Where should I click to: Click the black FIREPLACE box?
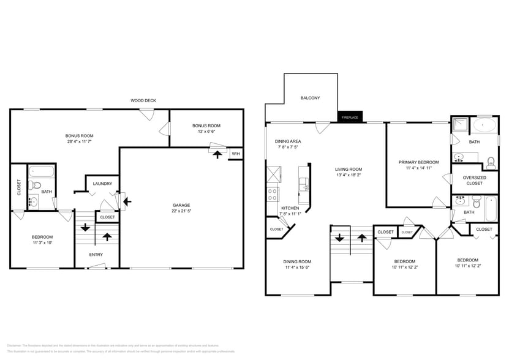tap(351, 116)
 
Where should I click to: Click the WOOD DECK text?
tap(143, 100)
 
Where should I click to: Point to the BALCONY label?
tap(310, 98)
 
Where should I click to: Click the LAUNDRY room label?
tap(102, 184)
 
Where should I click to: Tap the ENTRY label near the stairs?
tap(96, 255)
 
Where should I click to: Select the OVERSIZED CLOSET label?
tap(474, 180)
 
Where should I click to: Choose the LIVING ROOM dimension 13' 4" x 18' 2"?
tap(349, 175)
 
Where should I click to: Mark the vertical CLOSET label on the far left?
tap(19, 187)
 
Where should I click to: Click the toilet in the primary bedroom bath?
tap(490, 163)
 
